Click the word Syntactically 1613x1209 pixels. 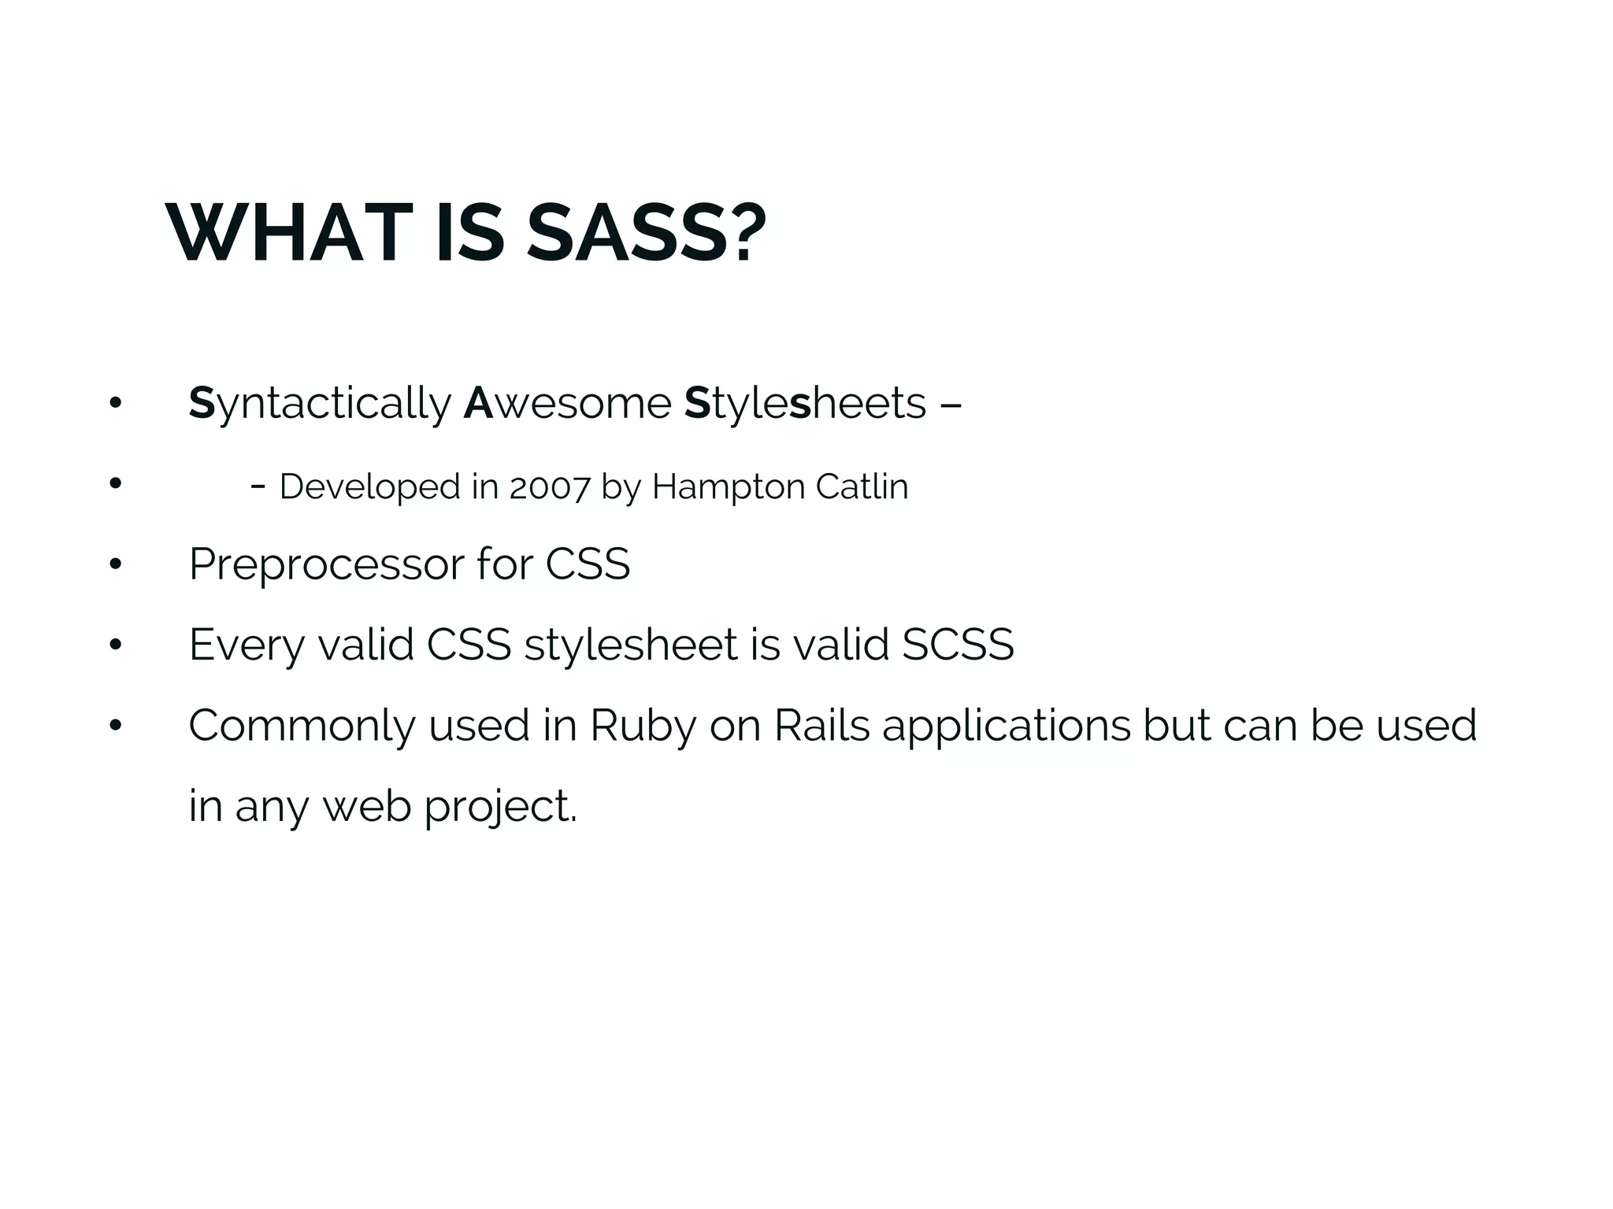coord(320,404)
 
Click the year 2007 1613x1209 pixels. coord(549,487)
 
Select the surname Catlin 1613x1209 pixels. coord(862,487)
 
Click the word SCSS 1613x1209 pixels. coord(958,645)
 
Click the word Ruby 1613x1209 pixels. coord(643,726)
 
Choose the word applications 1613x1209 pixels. coord(1007,726)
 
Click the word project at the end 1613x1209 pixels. coord(500,807)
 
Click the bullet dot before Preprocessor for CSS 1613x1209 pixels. coord(116,564)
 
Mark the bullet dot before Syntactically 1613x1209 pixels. coord(116,403)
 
